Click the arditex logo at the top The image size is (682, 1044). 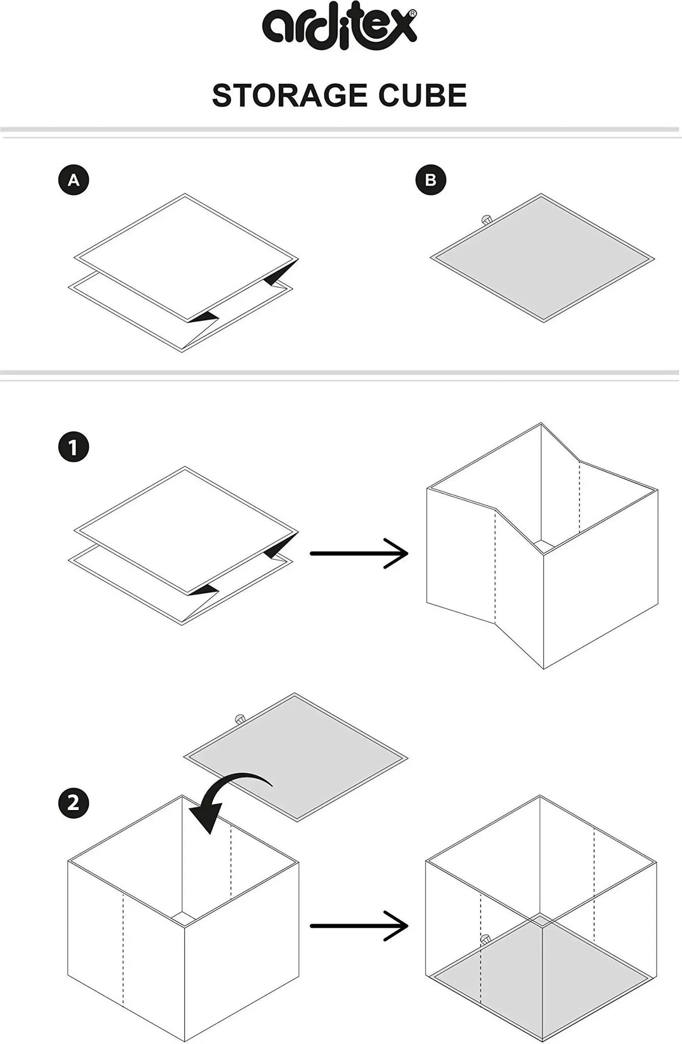[x=339, y=29]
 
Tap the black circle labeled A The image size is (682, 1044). [x=73, y=180]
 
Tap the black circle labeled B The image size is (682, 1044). [x=431, y=180]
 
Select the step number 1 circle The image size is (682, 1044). [x=73, y=447]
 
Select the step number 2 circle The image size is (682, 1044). [x=73, y=803]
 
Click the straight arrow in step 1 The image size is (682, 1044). [x=359, y=553]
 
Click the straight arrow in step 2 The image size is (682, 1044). [x=359, y=925]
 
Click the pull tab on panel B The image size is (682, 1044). [x=486, y=220]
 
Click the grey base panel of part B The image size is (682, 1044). [x=542, y=257]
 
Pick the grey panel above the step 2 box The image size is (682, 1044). [x=296, y=757]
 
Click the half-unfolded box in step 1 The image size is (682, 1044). [x=542, y=545]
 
